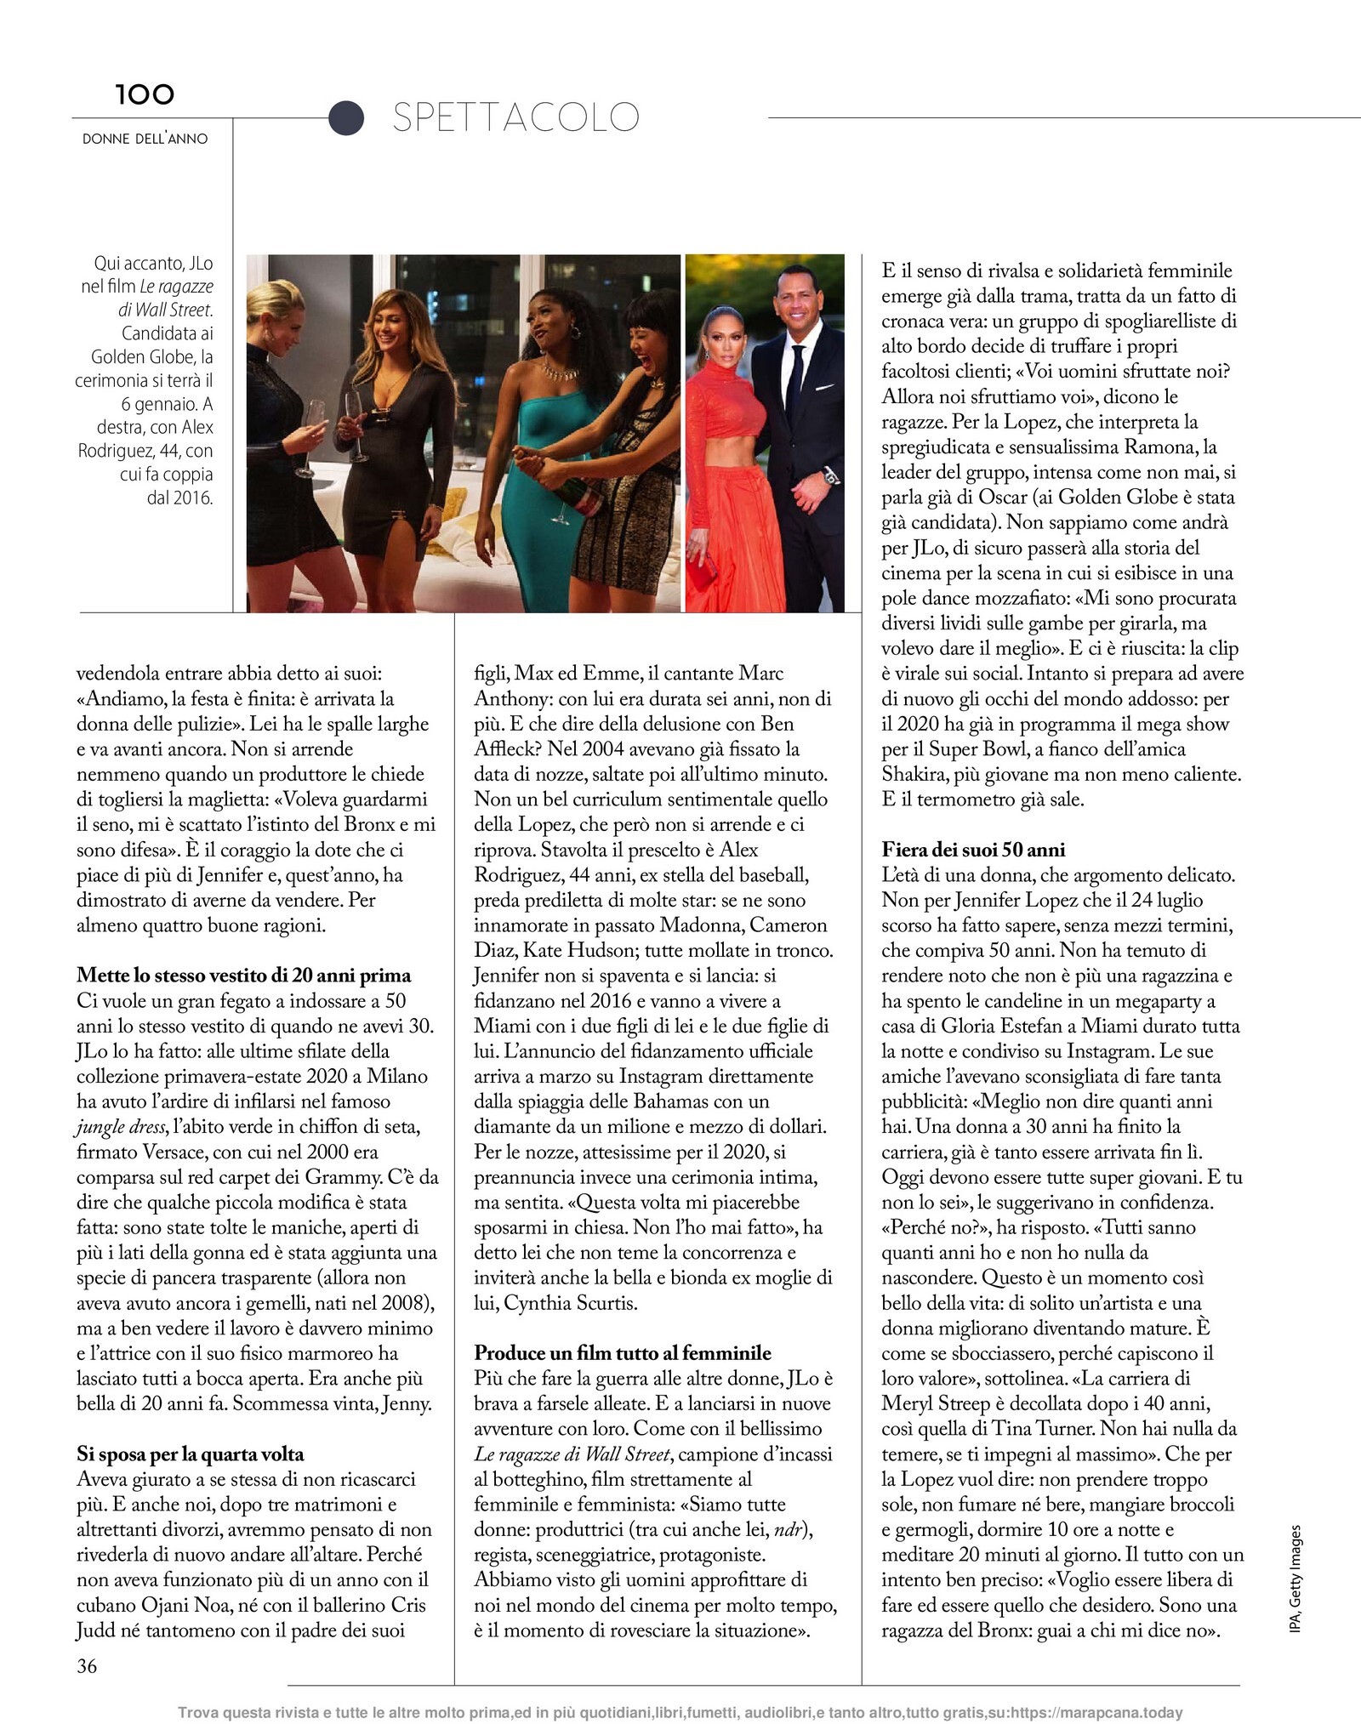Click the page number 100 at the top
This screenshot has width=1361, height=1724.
point(145,94)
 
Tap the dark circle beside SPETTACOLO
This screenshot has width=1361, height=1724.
point(346,117)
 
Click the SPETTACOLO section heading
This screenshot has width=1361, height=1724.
point(515,117)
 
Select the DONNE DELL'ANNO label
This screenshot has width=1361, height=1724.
point(145,139)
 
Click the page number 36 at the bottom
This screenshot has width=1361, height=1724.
point(87,1665)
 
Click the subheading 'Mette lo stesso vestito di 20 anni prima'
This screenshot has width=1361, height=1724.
point(243,975)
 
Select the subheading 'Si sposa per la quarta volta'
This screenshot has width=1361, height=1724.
point(190,1454)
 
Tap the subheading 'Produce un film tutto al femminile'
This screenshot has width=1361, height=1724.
point(623,1352)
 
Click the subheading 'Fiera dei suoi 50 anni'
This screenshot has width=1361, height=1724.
point(973,849)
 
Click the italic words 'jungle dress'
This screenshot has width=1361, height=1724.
point(122,1127)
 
